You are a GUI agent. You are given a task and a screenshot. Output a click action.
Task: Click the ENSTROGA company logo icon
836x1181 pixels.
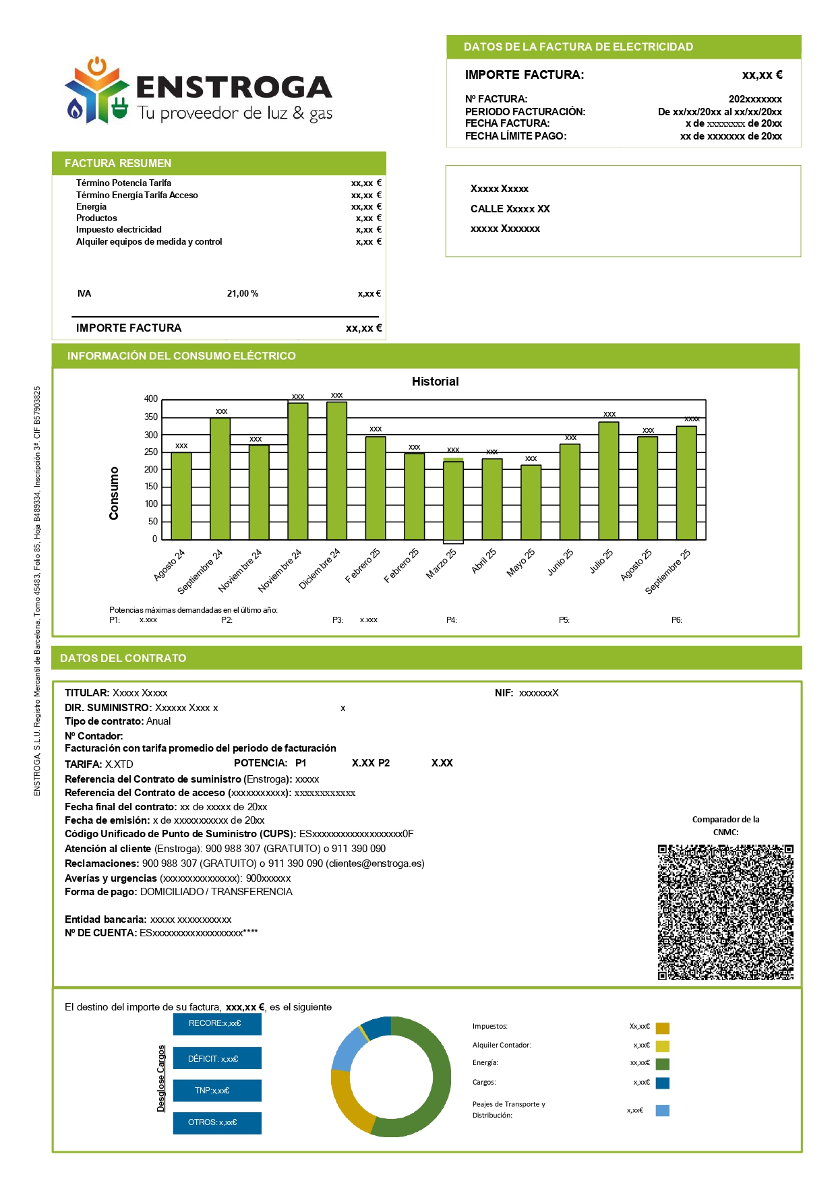(96, 91)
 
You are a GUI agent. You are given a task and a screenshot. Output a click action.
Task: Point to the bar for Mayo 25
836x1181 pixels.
(531, 502)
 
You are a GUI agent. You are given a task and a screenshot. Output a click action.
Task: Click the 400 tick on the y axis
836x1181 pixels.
(151, 399)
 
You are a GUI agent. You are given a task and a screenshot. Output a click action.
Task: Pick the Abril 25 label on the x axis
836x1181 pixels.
(484, 561)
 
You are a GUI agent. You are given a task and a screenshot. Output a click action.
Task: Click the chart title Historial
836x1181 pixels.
(435, 382)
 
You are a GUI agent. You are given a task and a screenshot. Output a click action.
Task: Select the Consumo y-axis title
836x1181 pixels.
(114, 493)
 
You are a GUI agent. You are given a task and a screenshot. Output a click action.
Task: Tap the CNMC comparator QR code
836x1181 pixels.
(725, 911)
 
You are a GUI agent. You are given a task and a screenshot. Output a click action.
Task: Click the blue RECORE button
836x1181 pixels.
(216, 1024)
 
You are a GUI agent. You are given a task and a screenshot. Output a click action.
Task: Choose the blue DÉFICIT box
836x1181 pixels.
(216, 1058)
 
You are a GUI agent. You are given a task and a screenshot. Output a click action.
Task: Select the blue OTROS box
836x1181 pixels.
(216, 1123)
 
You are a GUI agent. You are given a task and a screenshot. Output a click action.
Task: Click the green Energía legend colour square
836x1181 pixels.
(663, 1064)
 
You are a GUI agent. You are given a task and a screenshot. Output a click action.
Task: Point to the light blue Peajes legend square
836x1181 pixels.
(663, 1110)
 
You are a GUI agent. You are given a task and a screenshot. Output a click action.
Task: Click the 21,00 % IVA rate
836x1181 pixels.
(243, 294)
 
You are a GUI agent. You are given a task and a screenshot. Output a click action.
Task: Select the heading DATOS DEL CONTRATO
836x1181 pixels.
(123, 658)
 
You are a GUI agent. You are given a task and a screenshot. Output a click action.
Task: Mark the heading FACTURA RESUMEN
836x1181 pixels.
(118, 163)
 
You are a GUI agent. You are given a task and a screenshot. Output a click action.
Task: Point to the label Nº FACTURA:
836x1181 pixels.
(496, 99)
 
